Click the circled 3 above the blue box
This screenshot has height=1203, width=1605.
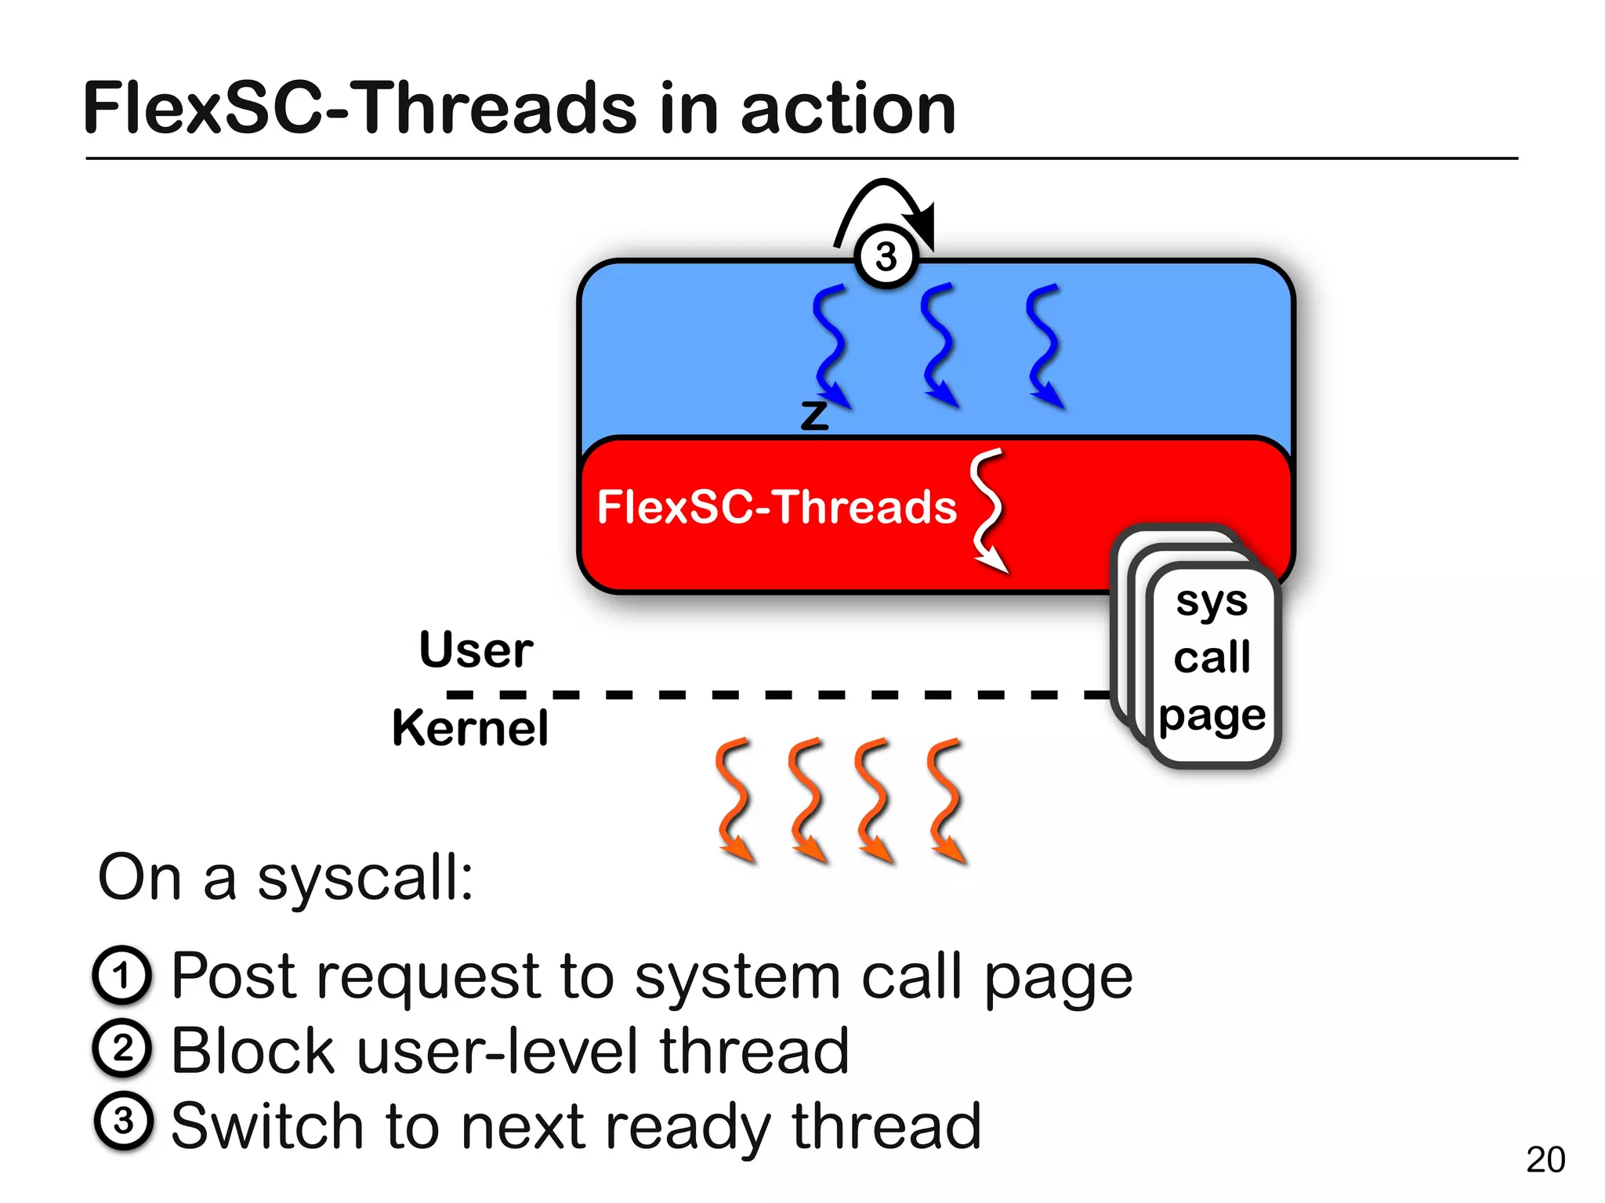tap(886, 256)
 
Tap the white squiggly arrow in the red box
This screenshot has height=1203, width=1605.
tap(987, 509)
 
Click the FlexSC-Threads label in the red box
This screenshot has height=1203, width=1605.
tap(776, 506)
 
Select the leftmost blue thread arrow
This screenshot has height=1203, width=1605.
tap(831, 345)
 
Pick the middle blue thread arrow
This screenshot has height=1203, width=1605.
tap(938, 345)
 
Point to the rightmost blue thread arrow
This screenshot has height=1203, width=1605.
tap(1044, 345)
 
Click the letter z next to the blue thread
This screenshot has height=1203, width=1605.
tap(814, 415)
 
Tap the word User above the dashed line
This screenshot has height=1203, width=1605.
tap(476, 650)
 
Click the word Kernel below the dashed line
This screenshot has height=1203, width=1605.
tap(469, 728)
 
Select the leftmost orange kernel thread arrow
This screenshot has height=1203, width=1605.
tap(734, 799)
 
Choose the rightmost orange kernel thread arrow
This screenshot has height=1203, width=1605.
tap(945, 799)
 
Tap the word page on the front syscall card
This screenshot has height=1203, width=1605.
tap(1212, 716)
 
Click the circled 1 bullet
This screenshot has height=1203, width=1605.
tap(121, 976)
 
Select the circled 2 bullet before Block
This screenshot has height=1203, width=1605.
tap(121, 1049)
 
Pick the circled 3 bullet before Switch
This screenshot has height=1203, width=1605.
tap(123, 1121)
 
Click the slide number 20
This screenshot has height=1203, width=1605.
tap(1545, 1159)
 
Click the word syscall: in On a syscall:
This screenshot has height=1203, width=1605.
tap(365, 879)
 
